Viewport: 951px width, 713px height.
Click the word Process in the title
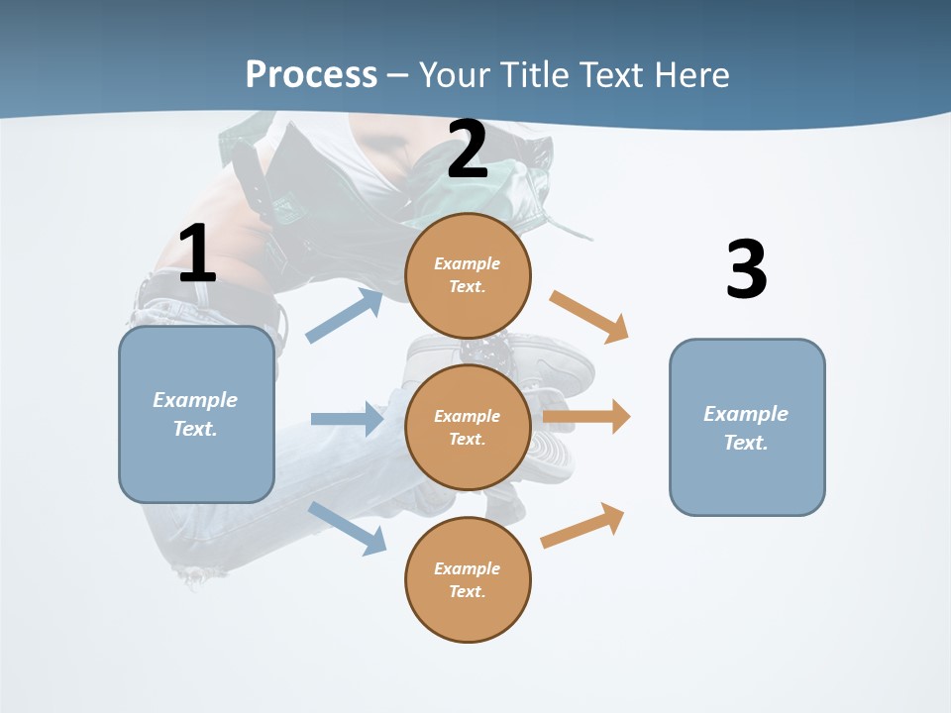(x=311, y=75)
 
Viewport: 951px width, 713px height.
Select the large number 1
(x=197, y=255)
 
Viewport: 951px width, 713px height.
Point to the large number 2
(x=468, y=150)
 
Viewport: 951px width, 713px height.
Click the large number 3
(x=746, y=269)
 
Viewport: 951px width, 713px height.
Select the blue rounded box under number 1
(x=196, y=414)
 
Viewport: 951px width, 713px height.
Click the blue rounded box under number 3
(x=747, y=427)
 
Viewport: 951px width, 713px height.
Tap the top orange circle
(x=468, y=275)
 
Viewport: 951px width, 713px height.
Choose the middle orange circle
(x=468, y=427)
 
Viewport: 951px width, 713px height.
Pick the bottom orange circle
(x=468, y=579)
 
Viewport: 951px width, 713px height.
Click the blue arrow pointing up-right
(x=345, y=316)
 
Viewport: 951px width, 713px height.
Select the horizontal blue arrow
(x=347, y=419)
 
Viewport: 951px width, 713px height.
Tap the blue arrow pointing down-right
(x=348, y=528)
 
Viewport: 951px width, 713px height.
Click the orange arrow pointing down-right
(x=589, y=317)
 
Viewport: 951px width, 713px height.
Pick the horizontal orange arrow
(x=586, y=417)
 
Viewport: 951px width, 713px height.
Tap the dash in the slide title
(x=398, y=75)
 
